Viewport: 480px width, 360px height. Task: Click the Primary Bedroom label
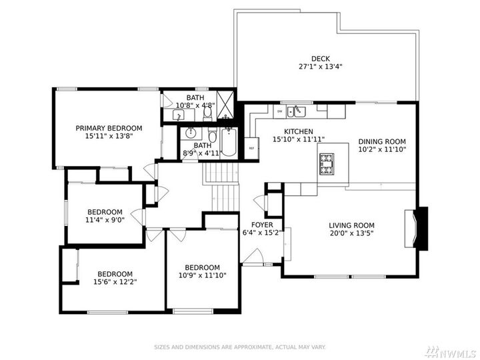pos(109,128)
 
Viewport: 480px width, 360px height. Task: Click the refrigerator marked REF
pos(251,147)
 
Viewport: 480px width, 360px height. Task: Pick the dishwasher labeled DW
pos(280,111)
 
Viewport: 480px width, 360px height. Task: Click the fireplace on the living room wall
pos(419,229)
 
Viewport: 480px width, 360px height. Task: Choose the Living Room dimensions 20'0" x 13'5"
pos(351,234)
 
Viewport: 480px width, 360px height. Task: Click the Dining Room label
pos(381,141)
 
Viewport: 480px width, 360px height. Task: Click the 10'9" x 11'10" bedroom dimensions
pos(202,276)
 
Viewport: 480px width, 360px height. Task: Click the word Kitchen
pos(298,131)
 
